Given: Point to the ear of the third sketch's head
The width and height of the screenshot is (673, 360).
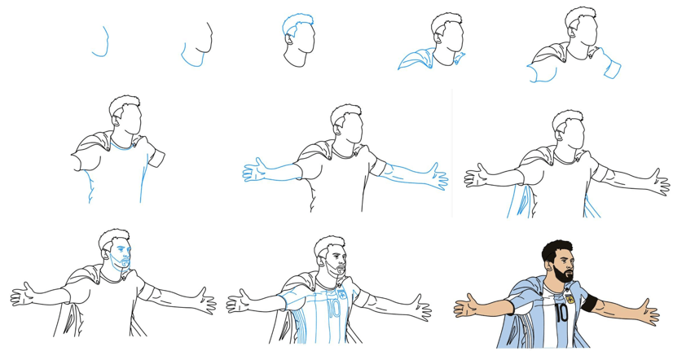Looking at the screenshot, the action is coord(290,40).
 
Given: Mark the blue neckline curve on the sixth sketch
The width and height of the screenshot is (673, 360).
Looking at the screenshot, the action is coord(123,147).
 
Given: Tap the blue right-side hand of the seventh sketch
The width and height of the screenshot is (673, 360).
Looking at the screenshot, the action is coord(438,177).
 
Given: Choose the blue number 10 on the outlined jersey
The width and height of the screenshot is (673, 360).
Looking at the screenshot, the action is coord(333,309).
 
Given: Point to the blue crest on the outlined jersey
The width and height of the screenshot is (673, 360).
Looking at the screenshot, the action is coord(342,294).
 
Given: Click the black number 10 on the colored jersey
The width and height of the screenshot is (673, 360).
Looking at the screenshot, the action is coord(561,314).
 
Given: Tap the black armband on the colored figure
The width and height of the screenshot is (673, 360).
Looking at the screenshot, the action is coord(589,302).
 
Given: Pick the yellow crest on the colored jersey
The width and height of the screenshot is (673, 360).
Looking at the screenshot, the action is coord(570,299).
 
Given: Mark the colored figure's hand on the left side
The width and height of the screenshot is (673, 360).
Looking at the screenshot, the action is coord(466,305).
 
